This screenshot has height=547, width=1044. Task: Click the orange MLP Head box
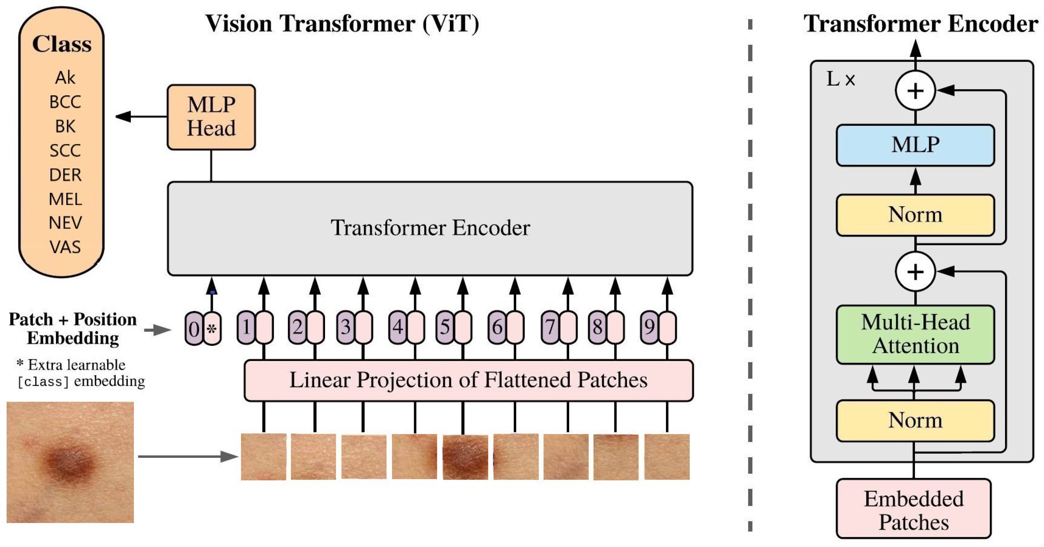coord(211,117)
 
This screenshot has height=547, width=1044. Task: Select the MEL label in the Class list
coord(65,199)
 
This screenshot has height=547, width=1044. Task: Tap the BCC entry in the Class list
coord(65,102)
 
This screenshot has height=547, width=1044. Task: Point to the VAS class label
coord(65,247)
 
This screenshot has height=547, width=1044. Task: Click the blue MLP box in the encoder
coord(915,145)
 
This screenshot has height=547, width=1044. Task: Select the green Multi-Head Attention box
coord(915,334)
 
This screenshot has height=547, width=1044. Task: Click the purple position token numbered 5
coord(445,327)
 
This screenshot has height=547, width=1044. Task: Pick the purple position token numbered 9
coord(649,327)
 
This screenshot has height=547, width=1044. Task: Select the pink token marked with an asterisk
coord(212,328)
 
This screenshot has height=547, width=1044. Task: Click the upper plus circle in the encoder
coord(915,90)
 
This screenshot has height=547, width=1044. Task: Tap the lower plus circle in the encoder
coord(915,271)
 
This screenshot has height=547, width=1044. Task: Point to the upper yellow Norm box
coord(915,215)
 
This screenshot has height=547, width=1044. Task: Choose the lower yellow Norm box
coord(915,420)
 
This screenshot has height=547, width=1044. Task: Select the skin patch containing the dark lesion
coord(465,457)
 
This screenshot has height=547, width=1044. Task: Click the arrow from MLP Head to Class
coord(140,117)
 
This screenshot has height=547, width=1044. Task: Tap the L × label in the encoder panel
coord(841,79)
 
